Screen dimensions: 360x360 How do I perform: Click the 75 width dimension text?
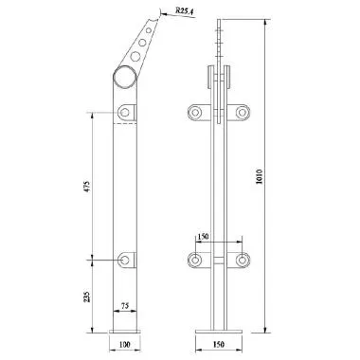point(124,306)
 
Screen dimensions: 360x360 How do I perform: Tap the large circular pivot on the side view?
point(125,77)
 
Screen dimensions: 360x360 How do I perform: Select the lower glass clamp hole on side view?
point(126,258)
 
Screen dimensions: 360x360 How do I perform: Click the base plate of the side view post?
point(123,329)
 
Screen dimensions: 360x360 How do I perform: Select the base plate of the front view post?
point(219,329)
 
